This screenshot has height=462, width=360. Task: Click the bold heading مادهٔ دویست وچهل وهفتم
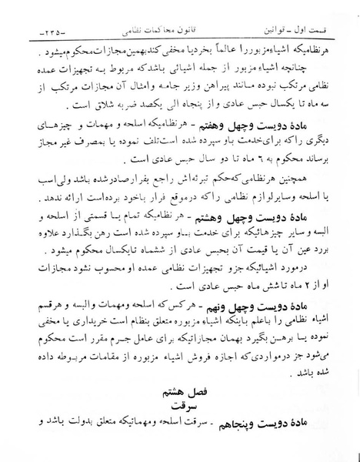[270, 124]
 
